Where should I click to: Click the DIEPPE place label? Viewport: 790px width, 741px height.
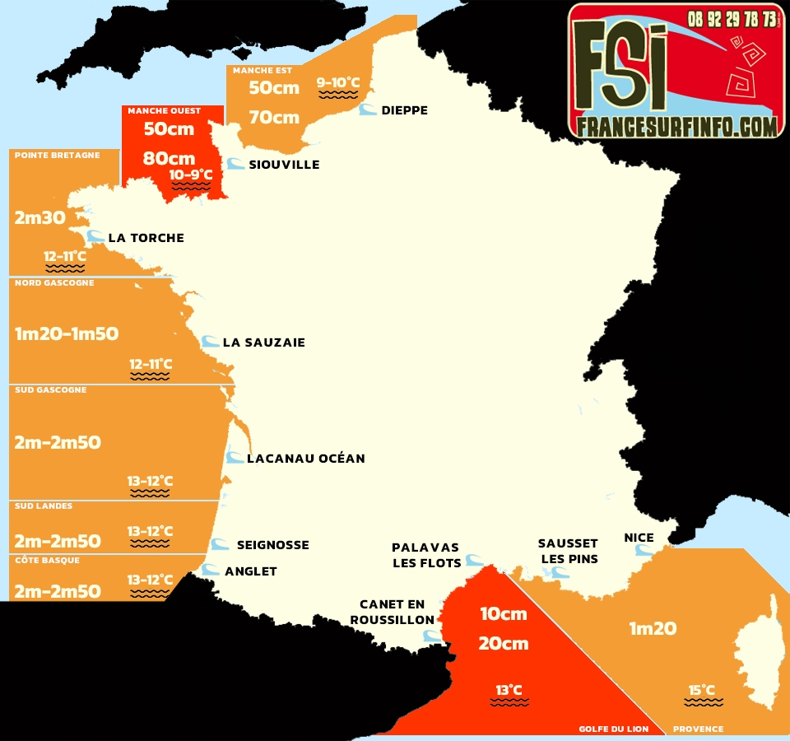click(404, 110)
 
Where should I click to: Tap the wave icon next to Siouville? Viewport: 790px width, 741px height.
click(235, 164)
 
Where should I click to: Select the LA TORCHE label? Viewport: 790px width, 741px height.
click(146, 238)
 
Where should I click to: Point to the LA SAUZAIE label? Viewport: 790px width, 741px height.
click(263, 343)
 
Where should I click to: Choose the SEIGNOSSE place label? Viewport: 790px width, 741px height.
click(272, 545)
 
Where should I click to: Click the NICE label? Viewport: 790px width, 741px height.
click(639, 538)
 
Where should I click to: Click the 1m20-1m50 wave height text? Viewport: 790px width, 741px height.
click(67, 333)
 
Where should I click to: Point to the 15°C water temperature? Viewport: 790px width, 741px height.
click(702, 690)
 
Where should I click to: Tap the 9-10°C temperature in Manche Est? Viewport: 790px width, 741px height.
click(338, 82)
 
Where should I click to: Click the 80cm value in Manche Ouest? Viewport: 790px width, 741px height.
click(169, 158)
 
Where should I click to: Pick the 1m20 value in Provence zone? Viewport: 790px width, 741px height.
click(653, 628)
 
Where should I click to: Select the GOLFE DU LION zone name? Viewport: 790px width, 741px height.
click(613, 729)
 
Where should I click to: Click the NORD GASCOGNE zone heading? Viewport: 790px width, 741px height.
click(54, 283)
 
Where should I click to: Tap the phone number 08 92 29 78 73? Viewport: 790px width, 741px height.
click(732, 18)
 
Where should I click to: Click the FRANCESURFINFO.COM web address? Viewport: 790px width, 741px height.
click(676, 126)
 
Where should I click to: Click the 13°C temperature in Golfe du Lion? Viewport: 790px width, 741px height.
click(509, 690)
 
